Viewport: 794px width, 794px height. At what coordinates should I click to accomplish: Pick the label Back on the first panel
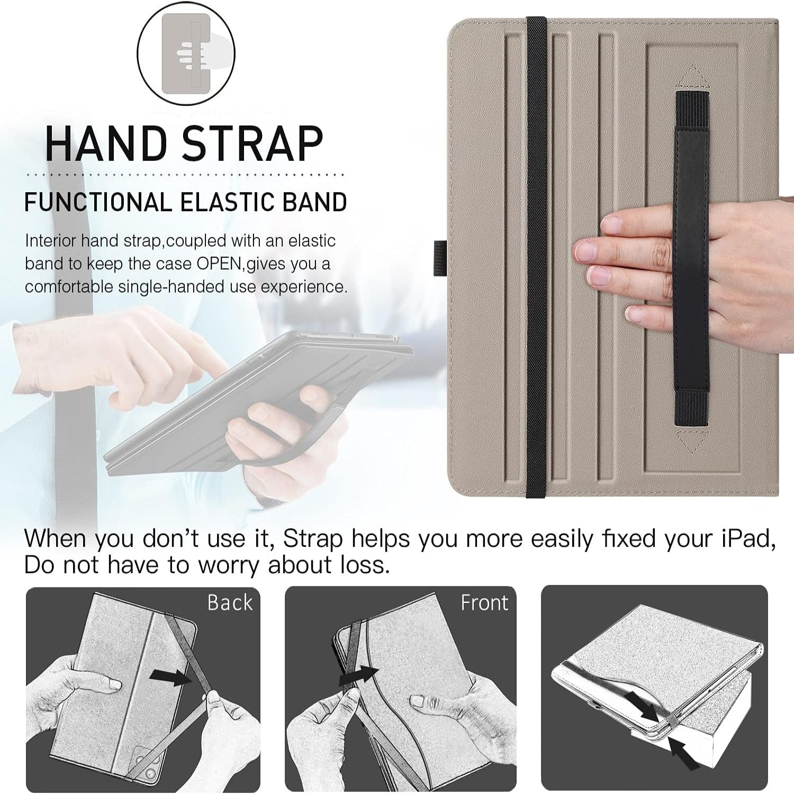[x=230, y=603]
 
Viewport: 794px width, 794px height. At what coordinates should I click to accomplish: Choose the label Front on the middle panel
[x=484, y=603]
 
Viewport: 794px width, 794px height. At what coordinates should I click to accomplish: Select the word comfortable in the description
[x=69, y=287]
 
